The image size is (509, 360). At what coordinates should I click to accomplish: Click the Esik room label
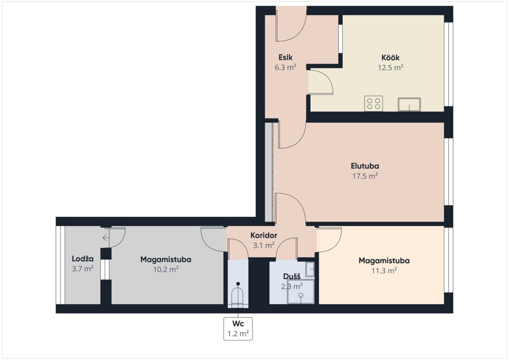point(286,57)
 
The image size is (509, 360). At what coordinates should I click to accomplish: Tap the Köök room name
point(390,58)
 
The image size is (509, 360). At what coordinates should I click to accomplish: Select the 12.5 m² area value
point(390,68)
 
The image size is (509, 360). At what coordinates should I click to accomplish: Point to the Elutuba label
point(365,166)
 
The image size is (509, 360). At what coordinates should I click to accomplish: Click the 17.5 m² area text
point(365,176)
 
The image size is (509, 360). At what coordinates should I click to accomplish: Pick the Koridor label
point(264,235)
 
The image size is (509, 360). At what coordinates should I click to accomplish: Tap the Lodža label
point(83,259)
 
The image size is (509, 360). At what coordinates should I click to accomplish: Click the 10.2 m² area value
point(166,270)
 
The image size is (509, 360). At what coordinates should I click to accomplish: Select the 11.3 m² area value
point(384,270)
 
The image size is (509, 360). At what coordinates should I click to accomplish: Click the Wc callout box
point(238,329)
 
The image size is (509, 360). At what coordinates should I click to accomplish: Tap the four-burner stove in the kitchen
point(373,103)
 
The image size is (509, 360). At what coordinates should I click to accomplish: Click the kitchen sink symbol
point(409,105)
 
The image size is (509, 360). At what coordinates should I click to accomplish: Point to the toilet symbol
point(238,296)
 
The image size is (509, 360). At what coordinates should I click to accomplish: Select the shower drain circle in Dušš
point(301,296)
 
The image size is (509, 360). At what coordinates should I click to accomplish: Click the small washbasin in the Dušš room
point(310,269)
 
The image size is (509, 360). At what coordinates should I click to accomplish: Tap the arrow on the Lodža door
point(106,238)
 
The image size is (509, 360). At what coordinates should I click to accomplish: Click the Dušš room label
point(292,276)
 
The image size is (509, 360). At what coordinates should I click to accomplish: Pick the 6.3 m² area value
point(286,68)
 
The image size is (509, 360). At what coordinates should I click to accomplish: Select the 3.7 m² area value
point(83,269)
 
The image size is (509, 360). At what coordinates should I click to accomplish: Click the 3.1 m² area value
point(264,245)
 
